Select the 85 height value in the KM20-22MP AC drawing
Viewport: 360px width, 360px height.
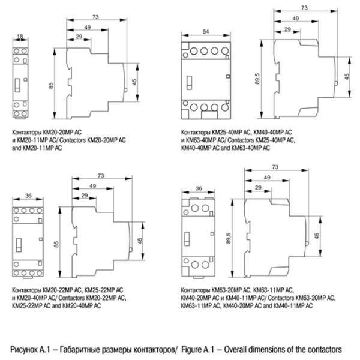tap(56, 243)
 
